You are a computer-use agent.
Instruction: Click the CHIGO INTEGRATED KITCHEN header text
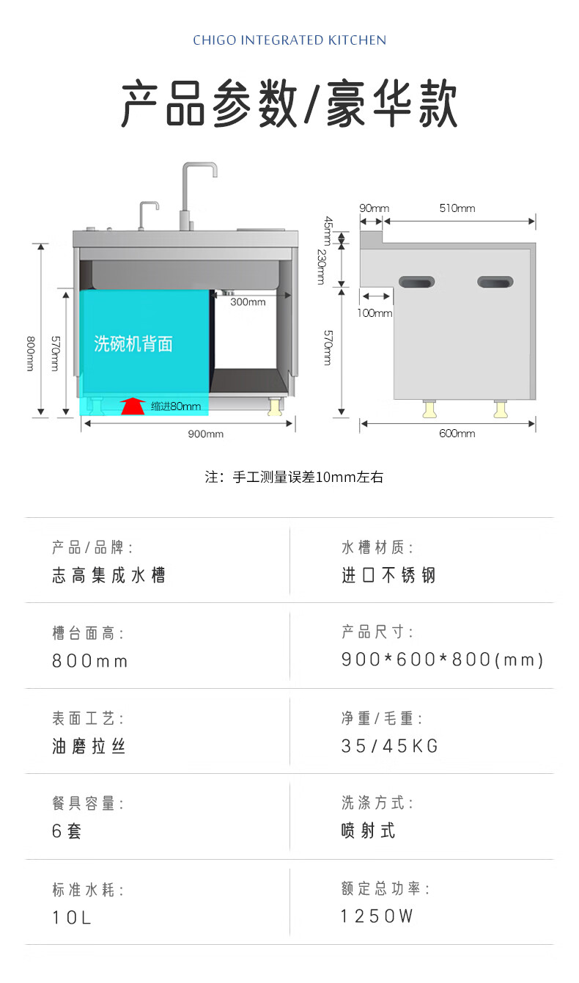289,40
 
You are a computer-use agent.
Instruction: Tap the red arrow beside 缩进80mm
133,406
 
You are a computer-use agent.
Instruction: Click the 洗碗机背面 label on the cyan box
133,343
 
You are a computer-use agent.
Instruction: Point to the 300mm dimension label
248,302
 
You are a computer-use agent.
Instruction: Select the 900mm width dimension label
205,434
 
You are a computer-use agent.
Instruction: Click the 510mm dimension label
457,208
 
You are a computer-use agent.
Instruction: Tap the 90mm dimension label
374,208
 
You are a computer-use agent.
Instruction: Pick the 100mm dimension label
375,313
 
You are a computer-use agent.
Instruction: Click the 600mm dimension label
457,434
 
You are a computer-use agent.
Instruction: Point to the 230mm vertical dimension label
322,267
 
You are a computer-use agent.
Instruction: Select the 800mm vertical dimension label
31,354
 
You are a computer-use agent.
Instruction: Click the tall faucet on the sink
193,196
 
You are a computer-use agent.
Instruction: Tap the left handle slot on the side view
416,282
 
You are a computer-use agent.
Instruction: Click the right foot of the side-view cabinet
500,409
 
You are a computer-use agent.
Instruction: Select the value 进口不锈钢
388,575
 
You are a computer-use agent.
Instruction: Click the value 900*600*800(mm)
442,659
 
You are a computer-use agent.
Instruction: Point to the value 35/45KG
390,746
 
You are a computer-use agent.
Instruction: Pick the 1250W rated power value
377,916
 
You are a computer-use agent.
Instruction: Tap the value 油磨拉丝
89,746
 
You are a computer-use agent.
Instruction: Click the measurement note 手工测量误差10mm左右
294,477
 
